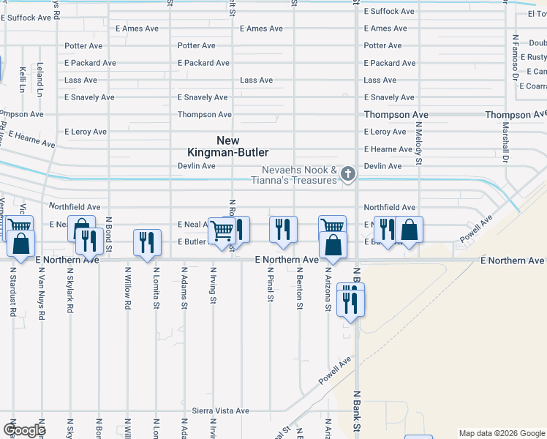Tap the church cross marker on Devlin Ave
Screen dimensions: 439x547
[x=348, y=173]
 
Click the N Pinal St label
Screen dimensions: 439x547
[x=270, y=285]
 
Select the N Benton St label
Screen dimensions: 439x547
[x=299, y=288]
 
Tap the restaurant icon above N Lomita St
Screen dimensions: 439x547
[x=147, y=242]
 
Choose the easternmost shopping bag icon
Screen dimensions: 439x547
[x=410, y=229]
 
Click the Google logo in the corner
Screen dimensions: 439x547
[x=24, y=430]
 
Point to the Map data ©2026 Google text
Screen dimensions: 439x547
[x=501, y=433]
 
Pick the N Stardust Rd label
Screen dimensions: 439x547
[x=13, y=290]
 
